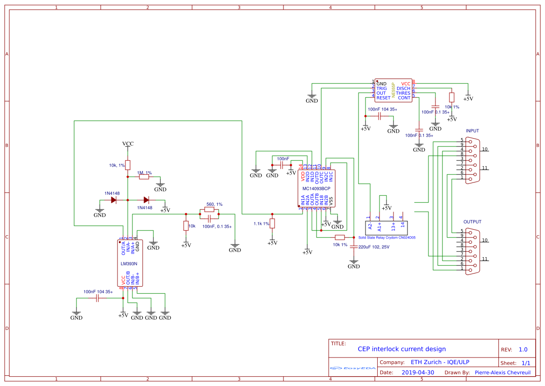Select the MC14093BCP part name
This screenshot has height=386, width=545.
point(317,189)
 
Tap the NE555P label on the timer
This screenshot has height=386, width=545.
point(393,90)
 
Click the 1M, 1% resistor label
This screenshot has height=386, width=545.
point(145,173)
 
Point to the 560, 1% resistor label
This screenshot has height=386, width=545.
point(214,204)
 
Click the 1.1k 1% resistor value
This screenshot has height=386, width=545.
point(261,224)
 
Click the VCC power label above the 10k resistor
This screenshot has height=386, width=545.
point(128,144)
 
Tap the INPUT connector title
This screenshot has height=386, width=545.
point(472,131)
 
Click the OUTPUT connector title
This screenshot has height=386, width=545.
point(472,222)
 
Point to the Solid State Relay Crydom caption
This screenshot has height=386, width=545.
point(386,238)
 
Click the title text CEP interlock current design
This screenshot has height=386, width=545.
point(401,349)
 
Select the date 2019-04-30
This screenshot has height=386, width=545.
point(418,372)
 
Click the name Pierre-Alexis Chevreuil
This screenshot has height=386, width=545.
point(503,372)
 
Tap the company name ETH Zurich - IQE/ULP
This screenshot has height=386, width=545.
point(440,362)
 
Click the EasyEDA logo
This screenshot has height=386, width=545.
point(352,368)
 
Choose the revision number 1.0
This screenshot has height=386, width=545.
point(523,350)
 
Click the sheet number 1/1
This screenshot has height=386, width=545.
point(525,363)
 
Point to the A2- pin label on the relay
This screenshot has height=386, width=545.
point(370,226)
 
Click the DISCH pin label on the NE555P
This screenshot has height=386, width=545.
point(403,89)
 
